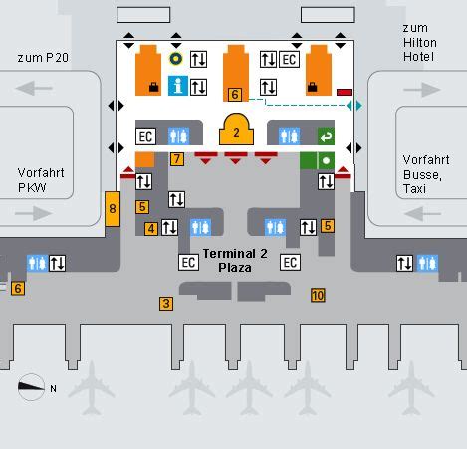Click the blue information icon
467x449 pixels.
[178, 86]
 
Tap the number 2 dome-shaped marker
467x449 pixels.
[236, 129]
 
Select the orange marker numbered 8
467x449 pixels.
[113, 209]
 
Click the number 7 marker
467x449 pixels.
[177, 159]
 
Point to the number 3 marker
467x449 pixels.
[166, 304]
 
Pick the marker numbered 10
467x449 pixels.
[318, 295]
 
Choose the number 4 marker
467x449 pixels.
[151, 229]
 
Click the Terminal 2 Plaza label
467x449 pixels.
[235, 261]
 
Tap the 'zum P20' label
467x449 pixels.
[43, 58]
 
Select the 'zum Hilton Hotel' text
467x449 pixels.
[420, 42]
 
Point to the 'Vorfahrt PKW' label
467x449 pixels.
[41, 180]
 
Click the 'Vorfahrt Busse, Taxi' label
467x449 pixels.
[426, 174]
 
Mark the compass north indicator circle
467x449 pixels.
[31, 387]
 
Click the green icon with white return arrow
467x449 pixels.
[326, 136]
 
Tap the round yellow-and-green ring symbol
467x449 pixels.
[176, 59]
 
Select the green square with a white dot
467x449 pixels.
[326, 161]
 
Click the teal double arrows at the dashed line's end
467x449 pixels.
[354, 106]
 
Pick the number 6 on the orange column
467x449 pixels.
[235, 95]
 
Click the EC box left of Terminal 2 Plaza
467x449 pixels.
[188, 263]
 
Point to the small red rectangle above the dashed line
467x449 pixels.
[345, 92]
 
